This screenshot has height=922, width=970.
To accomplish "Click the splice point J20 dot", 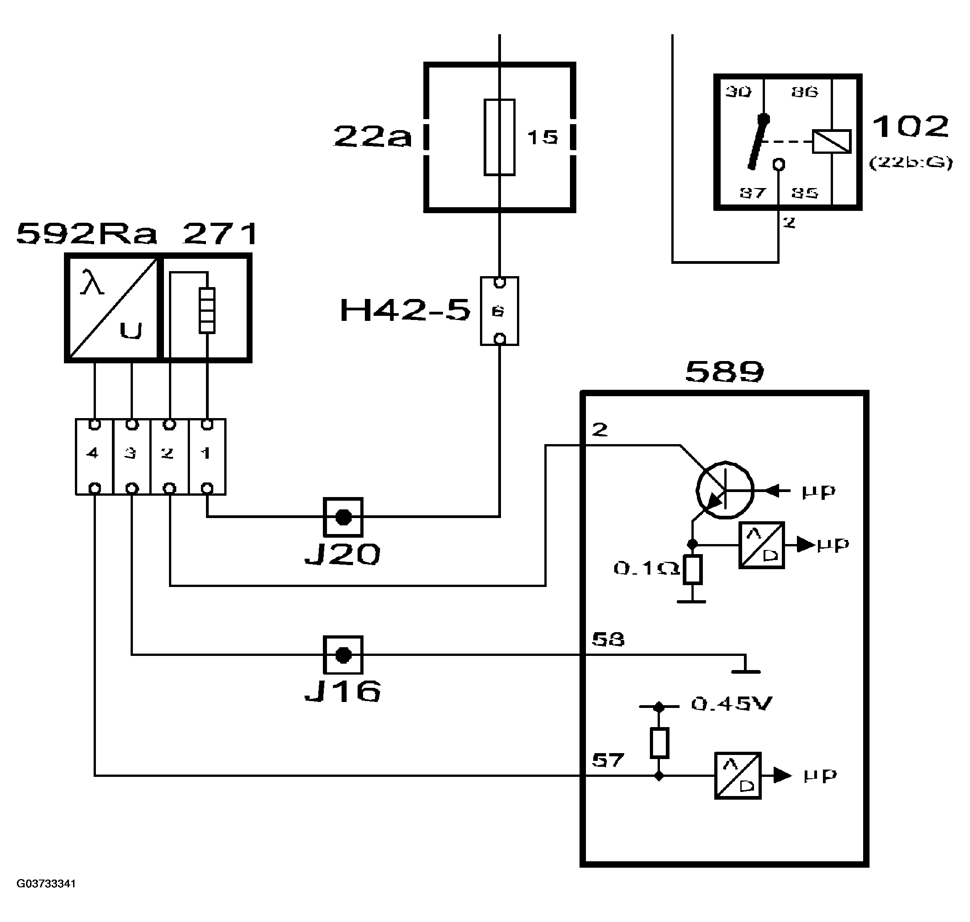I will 343,517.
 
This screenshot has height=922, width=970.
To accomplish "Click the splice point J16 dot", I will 343,655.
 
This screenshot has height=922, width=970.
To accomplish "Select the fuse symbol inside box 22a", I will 499,137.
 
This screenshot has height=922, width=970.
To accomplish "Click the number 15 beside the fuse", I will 542,137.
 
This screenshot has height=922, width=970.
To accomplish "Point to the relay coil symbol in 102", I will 831,141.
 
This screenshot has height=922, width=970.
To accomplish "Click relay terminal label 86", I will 804,92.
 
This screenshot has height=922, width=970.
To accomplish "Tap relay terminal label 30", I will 738,92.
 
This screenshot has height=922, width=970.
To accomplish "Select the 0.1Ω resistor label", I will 646,569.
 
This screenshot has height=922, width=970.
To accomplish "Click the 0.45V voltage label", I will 732,704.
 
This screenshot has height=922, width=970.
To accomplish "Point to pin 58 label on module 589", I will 608,639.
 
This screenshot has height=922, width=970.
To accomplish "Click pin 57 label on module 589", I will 608,760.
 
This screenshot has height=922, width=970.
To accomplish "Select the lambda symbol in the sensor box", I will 92,283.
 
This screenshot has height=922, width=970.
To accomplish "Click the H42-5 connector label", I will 405,311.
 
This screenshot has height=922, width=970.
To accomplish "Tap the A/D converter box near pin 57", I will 737,775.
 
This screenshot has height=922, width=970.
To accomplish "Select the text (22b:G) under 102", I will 911,162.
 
